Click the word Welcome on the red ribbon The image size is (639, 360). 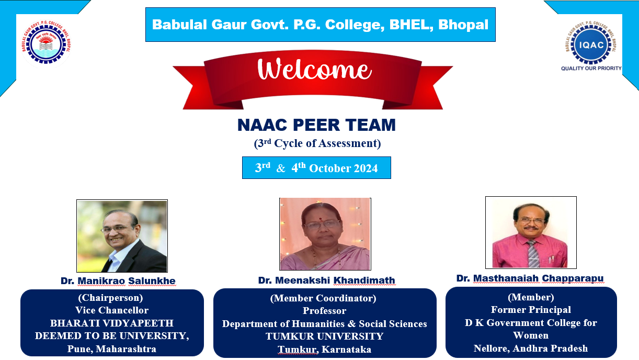pyautogui.click(x=314, y=69)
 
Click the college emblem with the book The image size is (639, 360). pyautogui.click(x=46, y=44)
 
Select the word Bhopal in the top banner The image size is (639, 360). pyautogui.click(x=463, y=25)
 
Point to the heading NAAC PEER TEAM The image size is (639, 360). pyautogui.click(x=316, y=125)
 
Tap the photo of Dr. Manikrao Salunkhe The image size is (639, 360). pyautogui.click(x=122, y=236)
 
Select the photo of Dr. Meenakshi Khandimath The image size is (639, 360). pyautogui.click(x=325, y=234)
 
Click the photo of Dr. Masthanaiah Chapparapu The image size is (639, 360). pyautogui.click(x=531, y=232)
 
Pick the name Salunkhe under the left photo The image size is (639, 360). pyautogui.click(x=152, y=281)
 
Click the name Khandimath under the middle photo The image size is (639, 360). pyautogui.click(x=364, y=280)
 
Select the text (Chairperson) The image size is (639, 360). pyautogui.click(x=111, y=298)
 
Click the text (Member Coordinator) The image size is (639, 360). pyautogui.click(x=323, y=298)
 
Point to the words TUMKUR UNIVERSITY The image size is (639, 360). pyautogui.click(x=325, y=336)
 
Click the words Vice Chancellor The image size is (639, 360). pyautogui.click(x=112, y=310)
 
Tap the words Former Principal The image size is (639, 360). pyautogui.click(x=531, y=310)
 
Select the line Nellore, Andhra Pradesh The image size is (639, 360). pyautogui.click(x=531, y=348)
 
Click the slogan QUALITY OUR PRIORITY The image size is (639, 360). pyautogui.click(x=591, y=69)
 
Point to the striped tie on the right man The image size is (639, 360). pyautogui.click(x=533, y=253)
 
